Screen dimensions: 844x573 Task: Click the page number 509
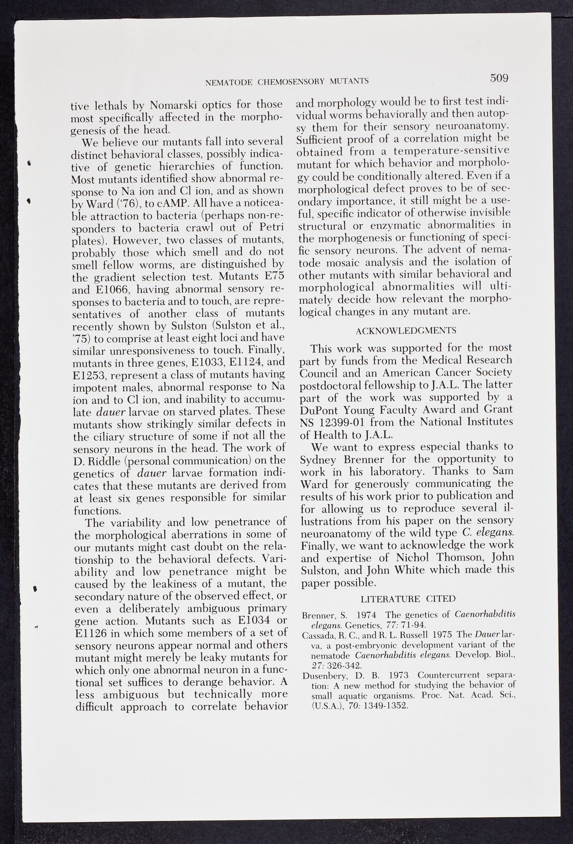pyautogui.click(x=499, y=78)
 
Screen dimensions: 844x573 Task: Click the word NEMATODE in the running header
pyautogui.click(x=229, y=82)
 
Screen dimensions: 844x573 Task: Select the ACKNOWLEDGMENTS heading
pyautogui.click(x=406, y=331)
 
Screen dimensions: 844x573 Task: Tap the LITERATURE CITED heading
pyautogui.click(x=408, y=599)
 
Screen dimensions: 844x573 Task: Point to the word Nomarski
pyautogui.click(x=170, y=105)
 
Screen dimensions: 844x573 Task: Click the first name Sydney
pyautogui.click(x=318, y=460)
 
